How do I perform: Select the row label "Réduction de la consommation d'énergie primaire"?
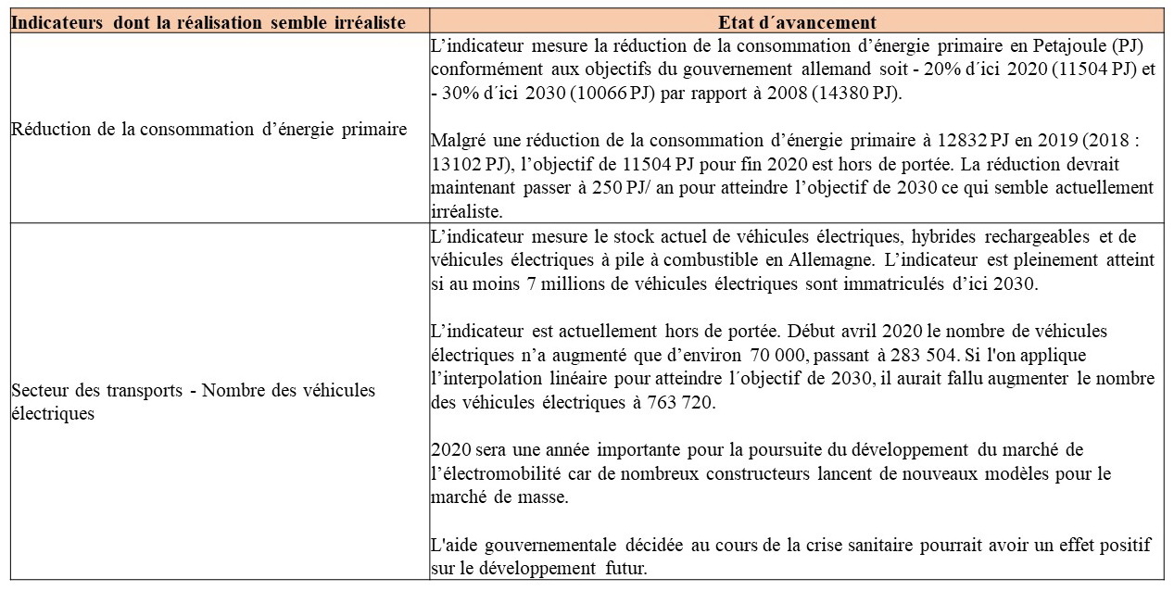point(209,130)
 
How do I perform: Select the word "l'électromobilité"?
point(487,473)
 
